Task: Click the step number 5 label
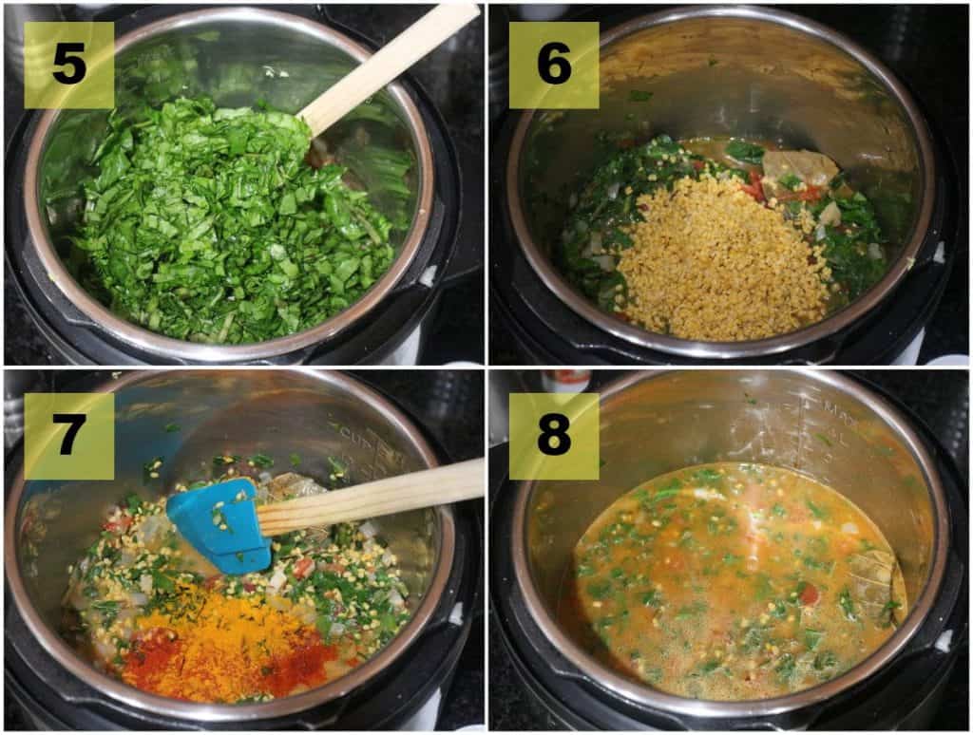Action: [x=68, y=65]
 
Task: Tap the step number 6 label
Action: [x=554, y=65]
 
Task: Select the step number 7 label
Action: [x=68, y=435]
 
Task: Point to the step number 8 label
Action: [x=554, y=435]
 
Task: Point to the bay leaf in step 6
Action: [x=800, y=168]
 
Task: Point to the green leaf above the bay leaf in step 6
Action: [x=743, y=150]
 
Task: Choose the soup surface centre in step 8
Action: [x=736, y=579]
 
